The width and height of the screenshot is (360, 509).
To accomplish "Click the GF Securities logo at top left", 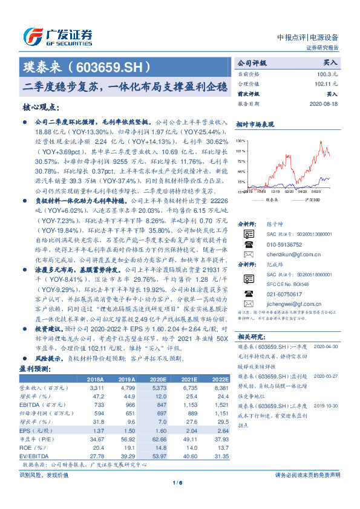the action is (x=57, y=37).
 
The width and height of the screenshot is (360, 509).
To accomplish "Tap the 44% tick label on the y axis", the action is (x=241, y=171).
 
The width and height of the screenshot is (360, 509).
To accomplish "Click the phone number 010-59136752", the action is (x=284, y=245).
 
